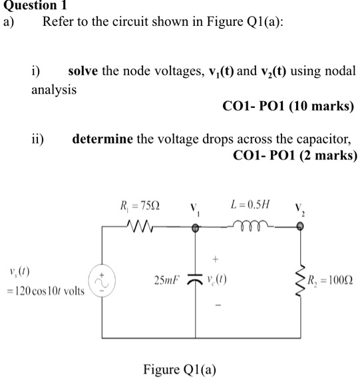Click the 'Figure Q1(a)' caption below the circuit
point(179,369)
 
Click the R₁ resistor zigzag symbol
point(141,228)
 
